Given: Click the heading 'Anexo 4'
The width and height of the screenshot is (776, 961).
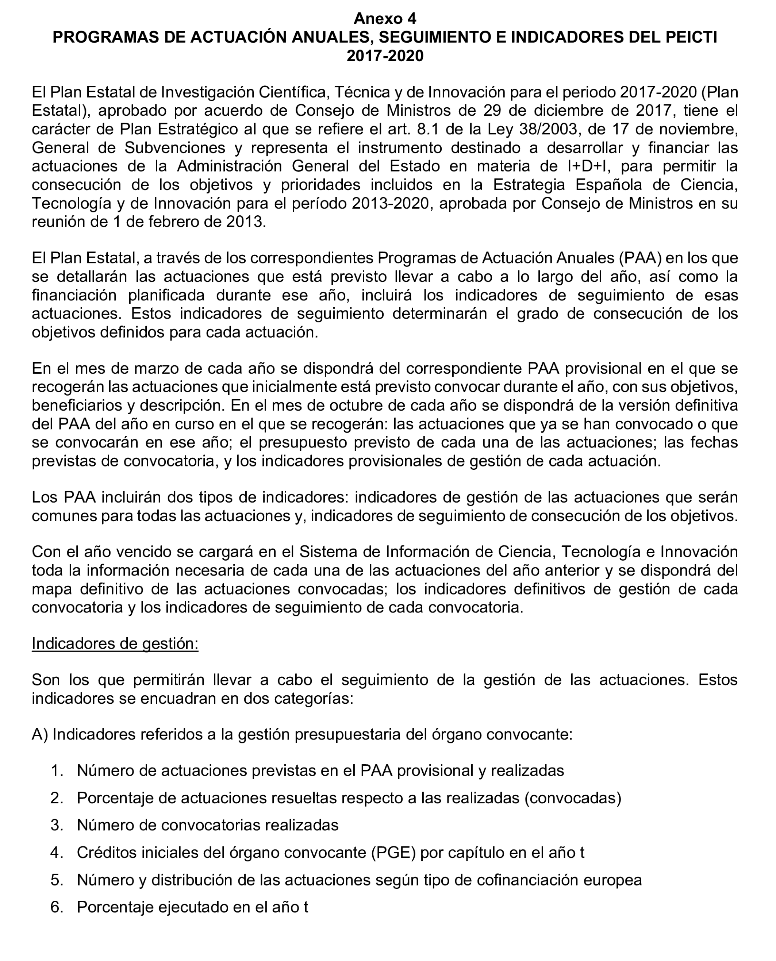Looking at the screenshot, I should point(385,18).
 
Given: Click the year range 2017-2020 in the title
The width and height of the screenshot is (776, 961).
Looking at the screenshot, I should point(385,56).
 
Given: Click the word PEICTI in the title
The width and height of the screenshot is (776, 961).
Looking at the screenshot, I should point(691,37).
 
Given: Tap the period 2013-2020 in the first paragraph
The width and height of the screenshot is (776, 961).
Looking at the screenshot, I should point(390,203).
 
